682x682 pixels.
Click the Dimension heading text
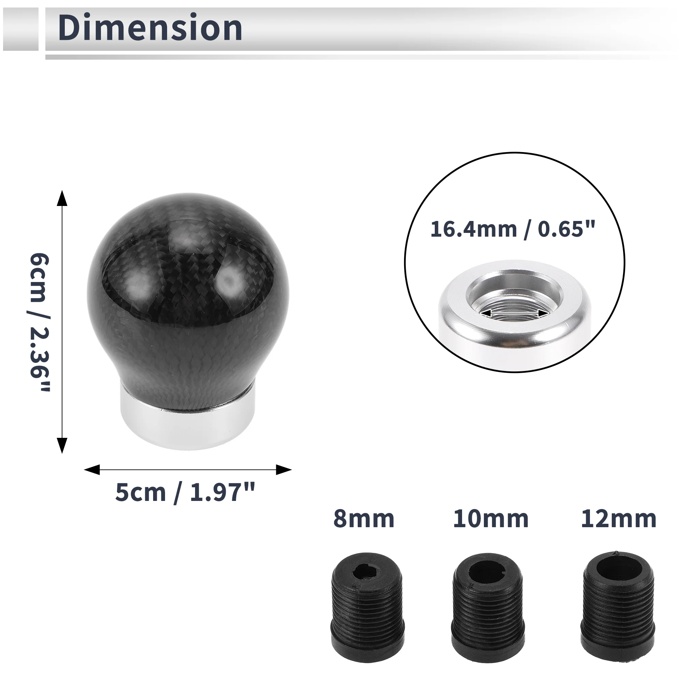coord(150,28)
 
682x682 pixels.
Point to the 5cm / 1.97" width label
coord(185,493)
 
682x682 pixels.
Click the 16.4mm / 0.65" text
coord(513,229)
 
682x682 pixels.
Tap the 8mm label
coord(364,519)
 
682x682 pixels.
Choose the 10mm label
coord(491,519)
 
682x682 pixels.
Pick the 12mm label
coord(619,519)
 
